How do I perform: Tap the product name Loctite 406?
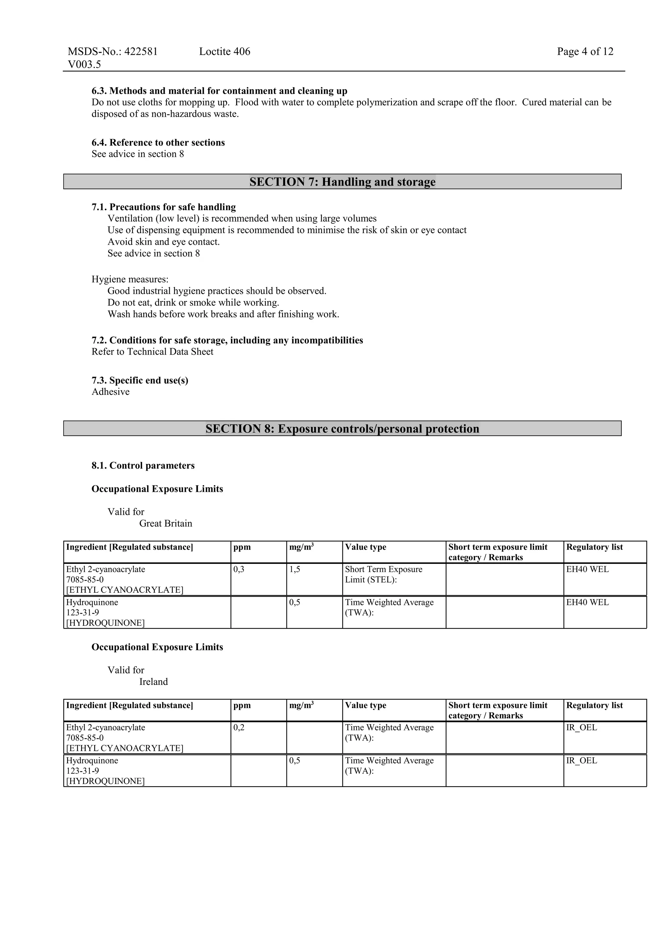tap(225, 52)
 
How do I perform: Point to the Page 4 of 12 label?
tap(585, 52)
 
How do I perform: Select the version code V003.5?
tap(85, 64)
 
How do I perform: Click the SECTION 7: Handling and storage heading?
tap(342, 182)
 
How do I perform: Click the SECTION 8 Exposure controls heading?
tap(342, 429)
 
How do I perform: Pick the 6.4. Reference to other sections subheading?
tap(158, 143)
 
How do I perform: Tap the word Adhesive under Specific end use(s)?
tap(110, 392)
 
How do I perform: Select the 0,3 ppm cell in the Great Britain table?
tap(239, 569)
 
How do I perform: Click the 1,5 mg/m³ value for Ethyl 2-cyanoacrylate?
tap(295, 569)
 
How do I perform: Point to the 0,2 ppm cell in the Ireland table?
tap(239, 728)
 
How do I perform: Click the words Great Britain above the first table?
tap(166, 523)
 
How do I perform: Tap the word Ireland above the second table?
tap(153, 682)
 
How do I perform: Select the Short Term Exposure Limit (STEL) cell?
tap(383, 575)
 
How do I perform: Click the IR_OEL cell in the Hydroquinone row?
tap(581, 761)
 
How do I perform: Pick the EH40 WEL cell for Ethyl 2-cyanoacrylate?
tap(587, 569)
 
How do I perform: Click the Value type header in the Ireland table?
tap(365, 705)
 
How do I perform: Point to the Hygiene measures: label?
tap(130, 279)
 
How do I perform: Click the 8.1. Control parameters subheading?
tap(143, 466)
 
